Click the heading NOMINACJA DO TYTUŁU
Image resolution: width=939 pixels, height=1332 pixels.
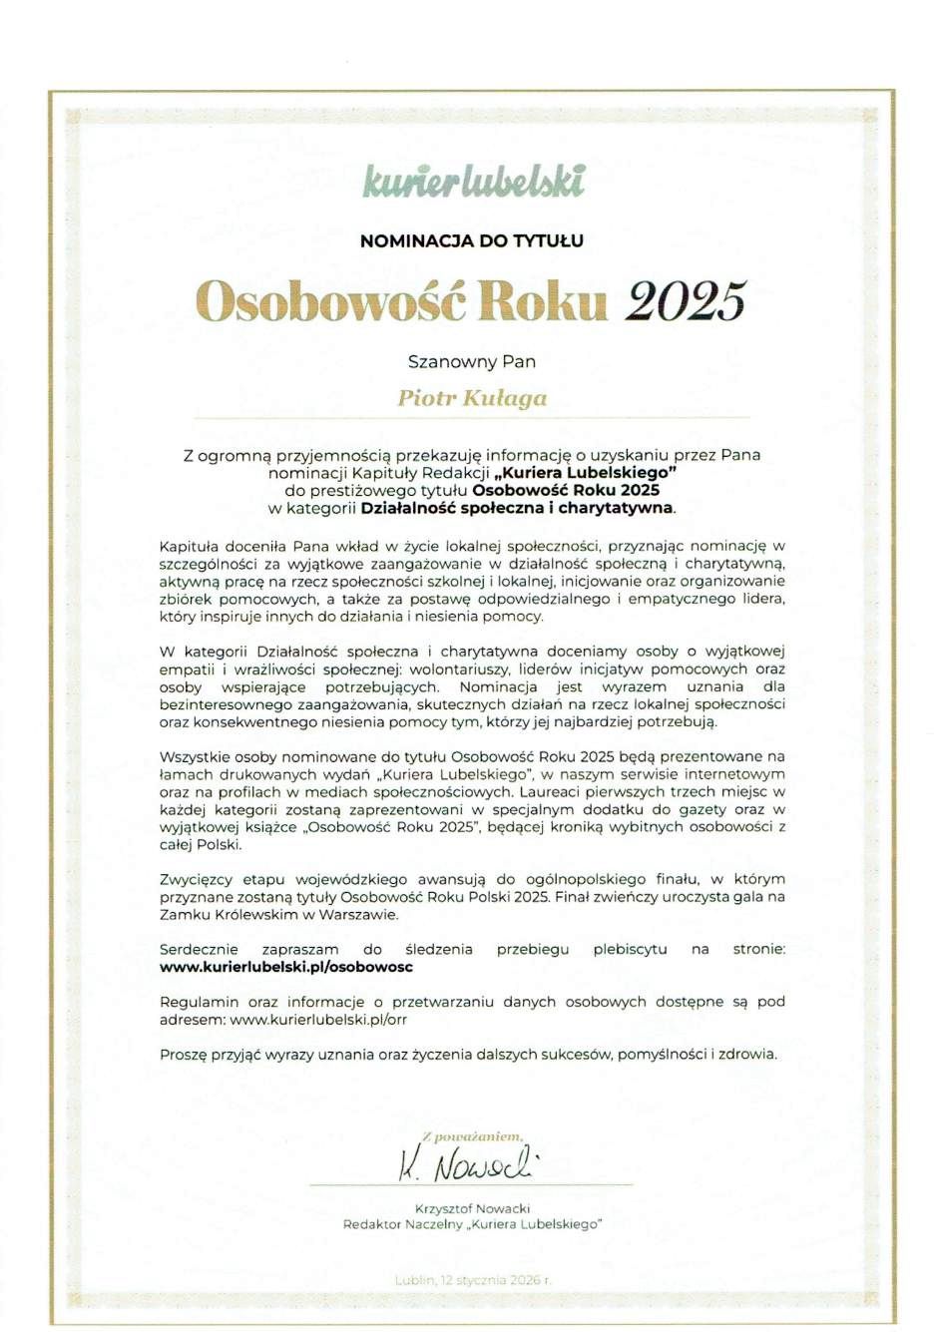471,240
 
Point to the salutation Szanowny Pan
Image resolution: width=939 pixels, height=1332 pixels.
472,362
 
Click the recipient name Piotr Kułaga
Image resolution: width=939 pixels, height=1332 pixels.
472,398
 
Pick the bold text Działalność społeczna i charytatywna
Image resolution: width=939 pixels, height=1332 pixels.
517,508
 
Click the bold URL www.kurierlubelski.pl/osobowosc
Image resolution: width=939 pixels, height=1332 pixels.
286,967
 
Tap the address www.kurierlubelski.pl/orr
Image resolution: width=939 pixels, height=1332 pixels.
318,1020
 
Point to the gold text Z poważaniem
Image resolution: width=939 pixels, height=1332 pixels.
472,1136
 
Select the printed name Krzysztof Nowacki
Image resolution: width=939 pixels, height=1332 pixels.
472,1208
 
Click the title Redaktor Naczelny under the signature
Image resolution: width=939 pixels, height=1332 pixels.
400,1224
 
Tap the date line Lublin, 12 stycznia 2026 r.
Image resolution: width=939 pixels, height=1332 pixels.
472,1280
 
